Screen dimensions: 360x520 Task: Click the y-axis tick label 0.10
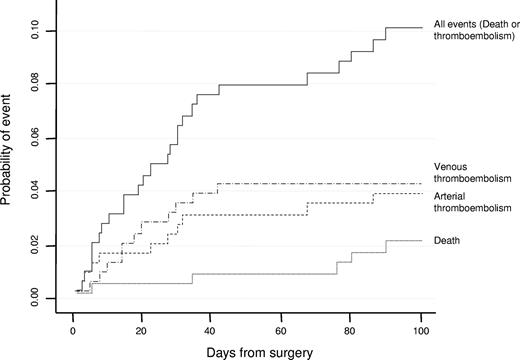37,31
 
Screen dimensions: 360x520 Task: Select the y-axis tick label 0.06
37,137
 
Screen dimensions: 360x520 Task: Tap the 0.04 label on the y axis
37,190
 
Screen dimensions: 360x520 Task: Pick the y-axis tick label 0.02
37,244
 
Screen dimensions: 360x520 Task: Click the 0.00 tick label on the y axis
37,297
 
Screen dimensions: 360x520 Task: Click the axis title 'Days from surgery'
246,351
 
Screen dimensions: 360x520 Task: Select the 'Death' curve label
448,241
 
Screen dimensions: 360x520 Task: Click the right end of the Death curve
422,241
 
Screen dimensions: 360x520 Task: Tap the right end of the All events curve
422,28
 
